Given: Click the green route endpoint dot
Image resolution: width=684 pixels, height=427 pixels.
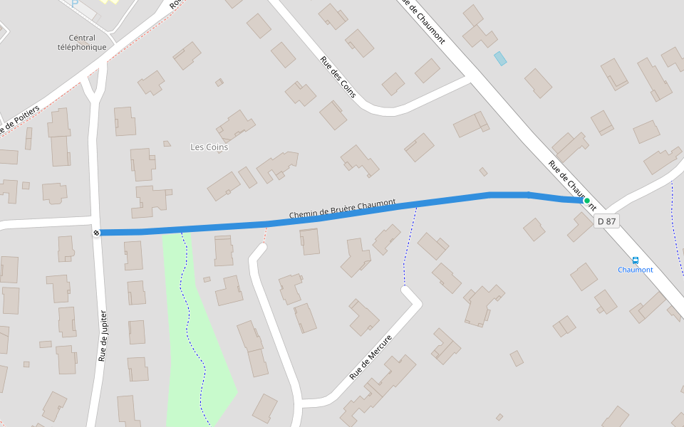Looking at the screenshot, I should pyautogui.click(x=587, y=201).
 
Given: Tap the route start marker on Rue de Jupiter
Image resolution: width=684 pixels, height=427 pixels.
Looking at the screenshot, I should pyautogui.click(x=96, y=233).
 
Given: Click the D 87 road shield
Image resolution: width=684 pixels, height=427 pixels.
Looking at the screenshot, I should pyautogui.click(x=606, y=221).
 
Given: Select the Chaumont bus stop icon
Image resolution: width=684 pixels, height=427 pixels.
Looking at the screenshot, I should pyautogui.click(x=636, y=260).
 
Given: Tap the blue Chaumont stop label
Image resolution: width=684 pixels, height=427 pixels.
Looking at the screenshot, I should pyautogui.click(x=635, y=270).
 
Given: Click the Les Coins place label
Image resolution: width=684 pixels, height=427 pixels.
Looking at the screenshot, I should pyautogui.click(x=209, y=147).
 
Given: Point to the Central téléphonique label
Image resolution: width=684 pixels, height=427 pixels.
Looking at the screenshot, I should pyautogui.click(x=82, y=43).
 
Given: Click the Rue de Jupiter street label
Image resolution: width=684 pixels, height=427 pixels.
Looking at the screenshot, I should pyautogui.click(x=104, y=335).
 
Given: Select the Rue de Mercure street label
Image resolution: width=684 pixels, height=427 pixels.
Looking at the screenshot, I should pyautogui.click(x=370, y=357).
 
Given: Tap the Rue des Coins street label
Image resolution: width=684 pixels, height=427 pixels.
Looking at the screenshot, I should pyautogui.click(x=338, y=77).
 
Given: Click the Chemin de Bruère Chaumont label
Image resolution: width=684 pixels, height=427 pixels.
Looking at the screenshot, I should pyautogui.click(x=342, y=209).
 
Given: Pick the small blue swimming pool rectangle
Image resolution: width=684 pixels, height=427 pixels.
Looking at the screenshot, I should pyautogui.click(x=501, y=58).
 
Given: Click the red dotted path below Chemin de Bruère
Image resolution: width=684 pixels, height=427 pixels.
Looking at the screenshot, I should pyautogui.click(x=265, y=233).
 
